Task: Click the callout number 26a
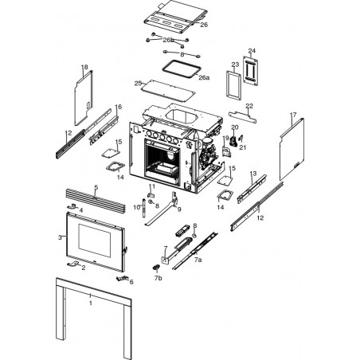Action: pyautogui.click(x=204, y=78)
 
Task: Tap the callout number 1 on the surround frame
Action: pyautogui.click(x=91, y=303)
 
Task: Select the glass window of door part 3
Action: pyautogui.click(x=95, y=241)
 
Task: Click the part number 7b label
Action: pyautogui.click(x=158, y=278)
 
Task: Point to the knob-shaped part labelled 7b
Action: pyautogui.click(x=156, y=268)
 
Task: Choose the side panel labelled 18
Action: pyautogui.click(x=84, y=98)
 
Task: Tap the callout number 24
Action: pyautogui.click(x=252, y=51)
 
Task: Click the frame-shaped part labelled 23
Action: pyautogui.click(x=233, y=85)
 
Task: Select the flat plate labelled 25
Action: pyautogui.click(x=168, y=90)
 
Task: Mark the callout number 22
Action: pyautogui.click(x=249, y=106)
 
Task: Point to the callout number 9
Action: pyautogui.click(x=179, y=209)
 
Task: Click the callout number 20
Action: pyautogui.click(x=235, y=127)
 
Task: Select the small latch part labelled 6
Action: pyautogui.click(x=123, y=278)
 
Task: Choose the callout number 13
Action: pyautogui.click(x=253, y=174)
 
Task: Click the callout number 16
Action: pyautogui.click(x=119, y=107)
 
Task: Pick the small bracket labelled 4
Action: pyautogui.click(x=72, y=206)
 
